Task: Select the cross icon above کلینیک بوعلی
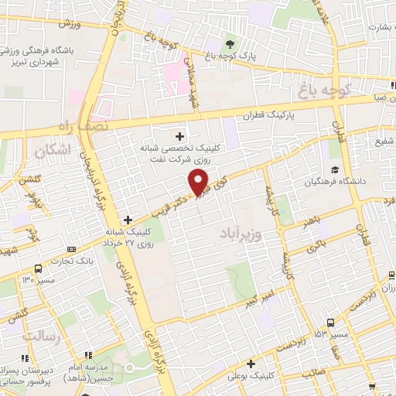click(x=251, y=364)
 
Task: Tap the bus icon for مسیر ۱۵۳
click(x=330, y=323)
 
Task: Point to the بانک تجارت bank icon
click(x=71, y=249)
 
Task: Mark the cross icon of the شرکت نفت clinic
click(x=180, y=137)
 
